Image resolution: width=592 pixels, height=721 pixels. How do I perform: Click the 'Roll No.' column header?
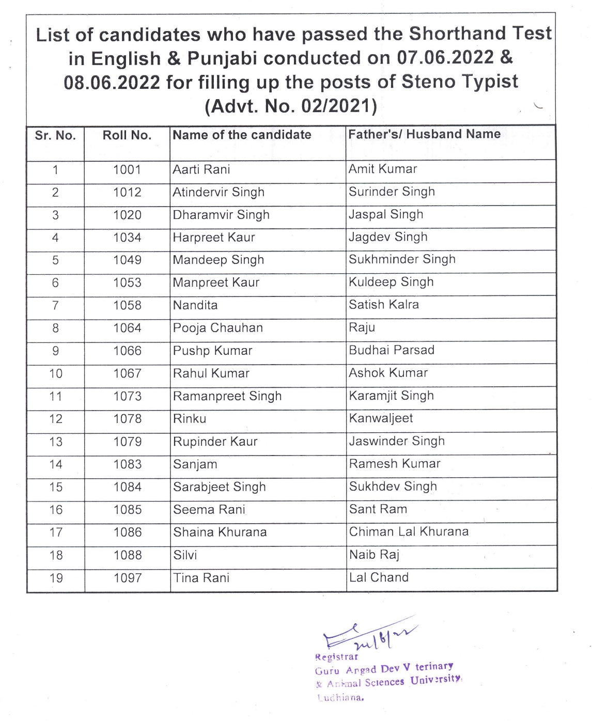127,136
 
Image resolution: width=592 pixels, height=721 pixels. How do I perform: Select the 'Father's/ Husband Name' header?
424,134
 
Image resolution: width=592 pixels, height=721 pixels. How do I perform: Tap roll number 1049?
127,260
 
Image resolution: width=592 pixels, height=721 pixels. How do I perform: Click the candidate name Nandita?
195,305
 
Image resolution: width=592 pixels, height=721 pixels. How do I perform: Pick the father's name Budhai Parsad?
392,350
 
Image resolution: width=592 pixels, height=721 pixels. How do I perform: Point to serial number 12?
56,419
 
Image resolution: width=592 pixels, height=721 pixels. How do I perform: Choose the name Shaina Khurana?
220,532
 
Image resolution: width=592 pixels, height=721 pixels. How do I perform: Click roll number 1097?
128,578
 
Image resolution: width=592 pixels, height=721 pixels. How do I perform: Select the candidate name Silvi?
185,555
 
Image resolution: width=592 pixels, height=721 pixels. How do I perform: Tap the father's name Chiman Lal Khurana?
409,532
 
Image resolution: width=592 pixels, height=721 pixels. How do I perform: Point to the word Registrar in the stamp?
336,657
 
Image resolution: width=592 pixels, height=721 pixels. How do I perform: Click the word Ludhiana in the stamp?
340,698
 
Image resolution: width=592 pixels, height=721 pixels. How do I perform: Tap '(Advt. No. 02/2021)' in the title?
291,106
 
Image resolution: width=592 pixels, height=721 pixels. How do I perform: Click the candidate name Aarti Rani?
201,169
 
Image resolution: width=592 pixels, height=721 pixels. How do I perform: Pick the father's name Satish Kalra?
383,305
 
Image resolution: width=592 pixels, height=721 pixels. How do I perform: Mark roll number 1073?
127,396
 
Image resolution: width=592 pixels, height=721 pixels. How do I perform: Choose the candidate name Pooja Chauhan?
217,328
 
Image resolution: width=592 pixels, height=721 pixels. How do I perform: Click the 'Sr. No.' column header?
55,136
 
